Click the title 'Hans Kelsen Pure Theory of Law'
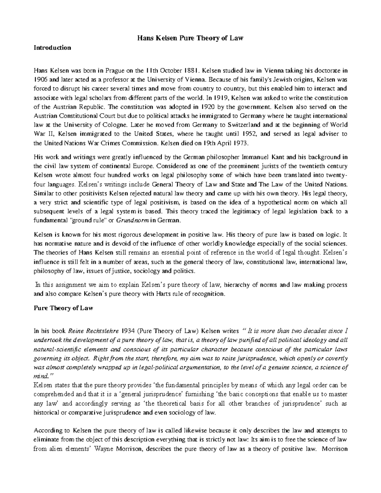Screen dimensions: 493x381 click(190, 38)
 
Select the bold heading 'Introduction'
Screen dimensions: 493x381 click(52, 48)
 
